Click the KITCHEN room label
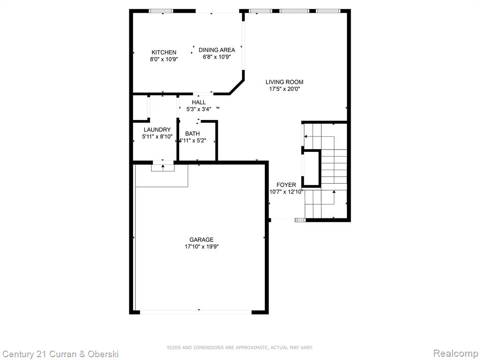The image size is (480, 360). point(164,52)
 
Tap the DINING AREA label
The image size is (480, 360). point(217,50)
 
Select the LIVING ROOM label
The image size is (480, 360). point(285,82)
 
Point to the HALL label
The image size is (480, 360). point(199,102)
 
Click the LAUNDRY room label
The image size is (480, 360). point(157,130)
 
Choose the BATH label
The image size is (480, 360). point(192,134)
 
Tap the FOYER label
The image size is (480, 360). point(286,185)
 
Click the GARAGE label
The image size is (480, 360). point(202,240)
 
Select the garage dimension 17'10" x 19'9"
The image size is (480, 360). point(202,247)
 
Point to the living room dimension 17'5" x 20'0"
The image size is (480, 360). point(285,89)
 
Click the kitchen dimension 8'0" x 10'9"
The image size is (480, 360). point(164,60)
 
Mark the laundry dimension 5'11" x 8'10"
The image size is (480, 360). point(157,137)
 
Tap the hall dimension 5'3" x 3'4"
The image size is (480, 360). point(199,109)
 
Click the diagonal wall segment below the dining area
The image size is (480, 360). point(237,87)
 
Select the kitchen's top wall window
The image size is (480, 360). point(161,11)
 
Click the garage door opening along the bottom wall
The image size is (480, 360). point(196,312)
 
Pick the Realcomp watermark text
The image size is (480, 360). point(456,353)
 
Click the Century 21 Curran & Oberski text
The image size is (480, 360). point(60,354)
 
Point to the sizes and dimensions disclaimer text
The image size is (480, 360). point(240,347)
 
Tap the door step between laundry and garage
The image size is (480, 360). point(163,168)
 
